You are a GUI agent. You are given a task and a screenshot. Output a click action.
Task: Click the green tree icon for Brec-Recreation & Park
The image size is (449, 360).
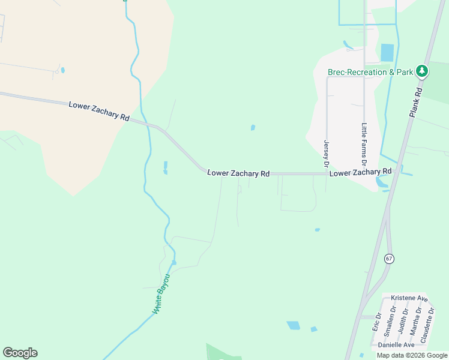(422, 71)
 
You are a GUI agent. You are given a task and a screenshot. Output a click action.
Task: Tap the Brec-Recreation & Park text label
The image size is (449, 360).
(370, 72)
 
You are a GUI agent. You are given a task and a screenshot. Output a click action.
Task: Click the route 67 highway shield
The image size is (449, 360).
(390, 259)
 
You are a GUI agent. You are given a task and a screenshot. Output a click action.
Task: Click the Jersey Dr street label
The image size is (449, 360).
(327, 154)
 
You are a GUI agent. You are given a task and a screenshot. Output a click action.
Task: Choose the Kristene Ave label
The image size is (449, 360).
(409, 298)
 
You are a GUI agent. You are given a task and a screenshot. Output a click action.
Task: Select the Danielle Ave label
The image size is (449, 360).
(396, 345)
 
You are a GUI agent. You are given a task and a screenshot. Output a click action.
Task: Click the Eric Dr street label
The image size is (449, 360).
(378, 322)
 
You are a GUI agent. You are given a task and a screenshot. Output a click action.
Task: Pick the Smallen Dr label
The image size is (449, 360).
(390, 322)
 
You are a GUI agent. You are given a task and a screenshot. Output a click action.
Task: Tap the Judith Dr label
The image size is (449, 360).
(403, 320)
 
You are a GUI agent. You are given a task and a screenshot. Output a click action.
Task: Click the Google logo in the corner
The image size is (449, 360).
(20, 353)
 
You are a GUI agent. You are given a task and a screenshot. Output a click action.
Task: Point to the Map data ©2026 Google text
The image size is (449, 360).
(412, 355)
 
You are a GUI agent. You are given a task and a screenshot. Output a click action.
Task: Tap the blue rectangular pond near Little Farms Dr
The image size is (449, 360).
(387, 52)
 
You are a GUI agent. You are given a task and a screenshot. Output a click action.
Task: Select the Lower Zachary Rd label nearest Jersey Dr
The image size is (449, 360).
(360, 172)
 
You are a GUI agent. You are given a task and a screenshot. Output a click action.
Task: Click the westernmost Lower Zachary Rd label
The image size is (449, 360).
(100, 112)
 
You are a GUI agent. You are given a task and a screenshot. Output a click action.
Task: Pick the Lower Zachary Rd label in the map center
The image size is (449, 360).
(238, 173)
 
